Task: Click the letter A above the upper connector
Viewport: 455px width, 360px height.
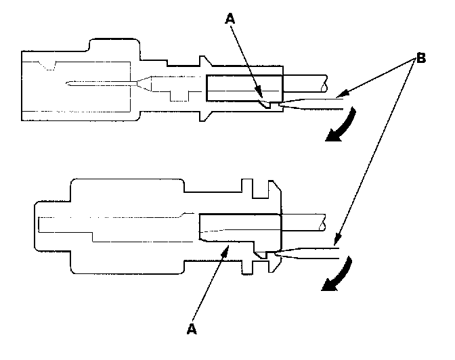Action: pyautogui.click(x=231, y=20)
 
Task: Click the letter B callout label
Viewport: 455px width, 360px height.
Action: pyautogui.click(x=421, y=58)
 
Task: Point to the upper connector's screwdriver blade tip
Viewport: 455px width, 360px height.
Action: pyautogui.click(x=281, y=104)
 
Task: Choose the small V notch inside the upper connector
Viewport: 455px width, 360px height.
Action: pyautogui.click(x=47, y=66)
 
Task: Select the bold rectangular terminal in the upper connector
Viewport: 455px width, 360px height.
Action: pyautogui.click(x=244, y=89)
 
